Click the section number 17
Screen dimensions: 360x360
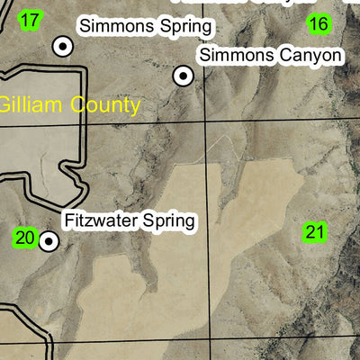[x=30, y=20]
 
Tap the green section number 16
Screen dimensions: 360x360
[x=318, y=24]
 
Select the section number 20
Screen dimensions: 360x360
[x=24, y=238]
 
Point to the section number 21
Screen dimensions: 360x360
[x=314, y=232]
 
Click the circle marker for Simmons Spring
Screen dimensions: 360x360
[x=62, y=45]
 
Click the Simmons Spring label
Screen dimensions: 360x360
[x=146, y=27]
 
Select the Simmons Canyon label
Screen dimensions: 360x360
[x=271, y=56]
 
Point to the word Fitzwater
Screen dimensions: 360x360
[x=99, y=220]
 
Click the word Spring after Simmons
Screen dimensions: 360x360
[x=185, y=28]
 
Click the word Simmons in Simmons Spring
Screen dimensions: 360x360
[x=114, y=27]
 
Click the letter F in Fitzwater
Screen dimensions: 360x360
[x=69, y=220]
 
